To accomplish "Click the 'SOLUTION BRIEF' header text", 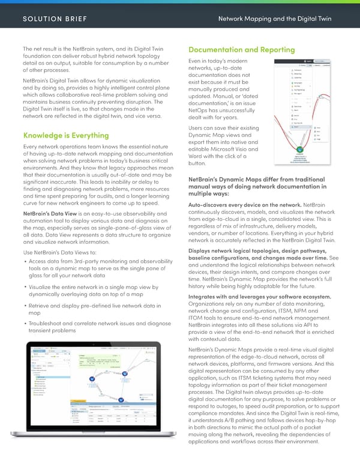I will pyautogui.click(x=55, y=19).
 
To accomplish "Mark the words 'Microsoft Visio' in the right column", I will pyautogui.click(x=236, y=148).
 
